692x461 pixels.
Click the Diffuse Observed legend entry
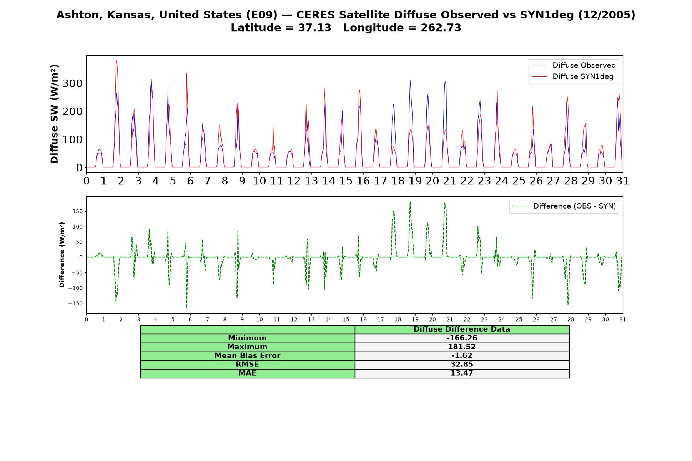[x=573, y=65]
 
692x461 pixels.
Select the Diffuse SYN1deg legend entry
[x=572, y=76]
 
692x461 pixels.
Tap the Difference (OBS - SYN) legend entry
[x=564, y=206]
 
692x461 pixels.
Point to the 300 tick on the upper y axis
[x=74, y=83]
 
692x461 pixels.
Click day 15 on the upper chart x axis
[x=346, y=181]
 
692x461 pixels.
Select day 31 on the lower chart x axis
[x=623, y=320]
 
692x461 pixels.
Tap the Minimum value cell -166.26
[x=462, y=338]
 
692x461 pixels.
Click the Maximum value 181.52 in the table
[x=462, y=347]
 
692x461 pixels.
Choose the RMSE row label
[x=247, y=365]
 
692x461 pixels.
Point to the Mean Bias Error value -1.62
[x=462, y=356]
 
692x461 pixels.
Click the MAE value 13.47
[x=462, y=373]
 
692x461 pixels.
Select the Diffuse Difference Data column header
[x=462, y=329]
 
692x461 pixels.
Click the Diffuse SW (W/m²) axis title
[x=54, y=114]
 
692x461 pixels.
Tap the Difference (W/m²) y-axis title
[x=62, y=255]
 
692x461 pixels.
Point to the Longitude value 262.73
[x=441, y=28]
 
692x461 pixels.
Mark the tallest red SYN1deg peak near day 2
[x=116, y=61]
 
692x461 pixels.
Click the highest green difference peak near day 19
[x=410, y=202]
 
